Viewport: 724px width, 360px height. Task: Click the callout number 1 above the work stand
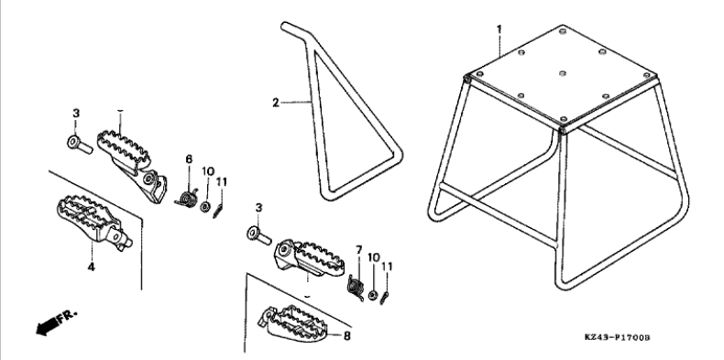(x=499, y=29)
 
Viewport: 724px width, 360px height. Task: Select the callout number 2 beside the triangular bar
(x=276, y=103)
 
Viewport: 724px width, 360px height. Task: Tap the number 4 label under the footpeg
(x=92, y=267)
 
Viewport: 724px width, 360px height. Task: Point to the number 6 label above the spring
(x=189, y=159)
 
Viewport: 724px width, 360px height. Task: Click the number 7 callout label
(x=358, y=250)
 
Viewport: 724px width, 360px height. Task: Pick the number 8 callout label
(x=346, y=335)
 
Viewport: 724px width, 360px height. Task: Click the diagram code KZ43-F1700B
(x=617, y=338)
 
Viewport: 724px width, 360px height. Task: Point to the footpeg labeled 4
(x=94, y=222)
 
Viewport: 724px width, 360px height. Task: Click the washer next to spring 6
(x=205, y=206)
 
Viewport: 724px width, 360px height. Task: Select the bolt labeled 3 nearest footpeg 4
(x=80, y=145)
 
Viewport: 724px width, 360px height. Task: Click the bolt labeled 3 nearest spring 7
(x=259, y=235)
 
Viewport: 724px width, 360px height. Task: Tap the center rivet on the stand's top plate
(x=563, y=74)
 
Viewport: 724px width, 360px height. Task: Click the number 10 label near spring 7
(x=374, y=257)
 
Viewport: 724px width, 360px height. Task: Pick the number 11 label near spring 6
(x=222, y=182)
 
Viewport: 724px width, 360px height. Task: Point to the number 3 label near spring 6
(x=76, y=114)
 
